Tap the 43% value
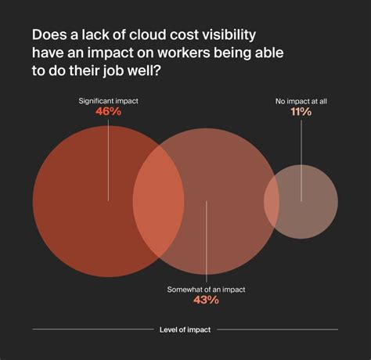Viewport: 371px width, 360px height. tap(206, 301)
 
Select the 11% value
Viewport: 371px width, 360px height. tap(301, 112)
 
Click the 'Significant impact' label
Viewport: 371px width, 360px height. tap(108, 101)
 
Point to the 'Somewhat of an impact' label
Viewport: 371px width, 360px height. tap(206, 288)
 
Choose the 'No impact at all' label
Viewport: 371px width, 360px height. tap(301, 99)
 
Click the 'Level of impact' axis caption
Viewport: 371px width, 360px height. tap(185, 329)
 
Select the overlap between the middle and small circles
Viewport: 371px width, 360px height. tap(271, 201)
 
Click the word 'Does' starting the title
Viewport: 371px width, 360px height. tap(49, 37)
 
